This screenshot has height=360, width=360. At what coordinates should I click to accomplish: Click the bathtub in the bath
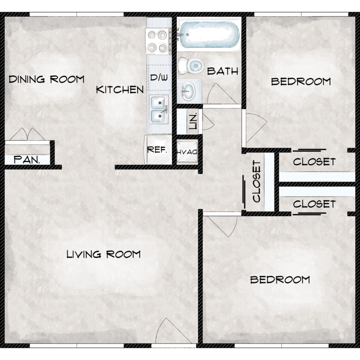pos(208,35)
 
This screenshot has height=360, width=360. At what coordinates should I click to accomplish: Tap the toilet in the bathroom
pos(191,66)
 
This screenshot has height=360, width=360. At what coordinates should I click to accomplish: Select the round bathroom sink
pos(188,91)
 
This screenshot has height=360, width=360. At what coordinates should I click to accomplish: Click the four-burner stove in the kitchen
pos(158,41)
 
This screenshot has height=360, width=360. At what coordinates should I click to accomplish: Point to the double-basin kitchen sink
pos(158,109)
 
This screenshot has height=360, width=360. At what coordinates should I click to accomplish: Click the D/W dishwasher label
pos(159,77)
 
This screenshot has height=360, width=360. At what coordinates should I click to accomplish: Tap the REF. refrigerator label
pos(157,150)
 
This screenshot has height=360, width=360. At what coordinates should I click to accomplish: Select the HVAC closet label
pos(187,152)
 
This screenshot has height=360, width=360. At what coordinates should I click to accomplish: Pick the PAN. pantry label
pos(27,159)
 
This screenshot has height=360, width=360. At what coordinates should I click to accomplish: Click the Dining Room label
pos(47,79)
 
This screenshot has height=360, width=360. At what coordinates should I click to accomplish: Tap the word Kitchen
pos(120,90)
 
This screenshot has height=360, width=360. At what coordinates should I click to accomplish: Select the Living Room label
pos(104,254)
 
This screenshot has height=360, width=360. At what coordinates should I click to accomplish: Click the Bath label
pos(222,71)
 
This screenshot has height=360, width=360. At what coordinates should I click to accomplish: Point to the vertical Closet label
pos(257,181)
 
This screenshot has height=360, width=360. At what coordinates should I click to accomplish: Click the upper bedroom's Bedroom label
pos(301,82)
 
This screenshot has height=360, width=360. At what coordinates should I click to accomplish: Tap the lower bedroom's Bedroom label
pos(280,280)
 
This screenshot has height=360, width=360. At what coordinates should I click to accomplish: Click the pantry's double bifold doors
pos(27,134)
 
